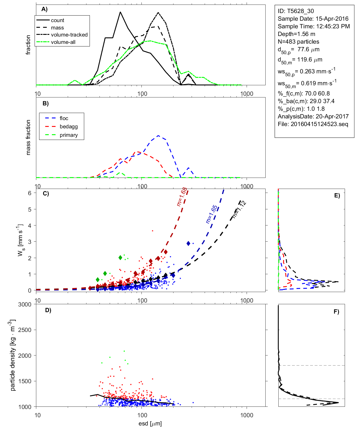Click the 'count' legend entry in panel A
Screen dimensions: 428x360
click(58, 20)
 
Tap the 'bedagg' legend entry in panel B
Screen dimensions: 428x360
click(69, 127)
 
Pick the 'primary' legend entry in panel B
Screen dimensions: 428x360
click(69, 135)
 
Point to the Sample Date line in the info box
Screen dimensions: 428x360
click(313, 19)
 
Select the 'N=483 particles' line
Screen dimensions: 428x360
click(298, 42)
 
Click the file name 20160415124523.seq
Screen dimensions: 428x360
click(319, 124)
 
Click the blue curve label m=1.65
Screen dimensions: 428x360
click(212, 214)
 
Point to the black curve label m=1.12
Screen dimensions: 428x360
click(239, 209)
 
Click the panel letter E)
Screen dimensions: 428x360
click(337, 195)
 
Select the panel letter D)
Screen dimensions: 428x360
click(48, 310)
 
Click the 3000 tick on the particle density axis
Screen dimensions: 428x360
click(25, 305)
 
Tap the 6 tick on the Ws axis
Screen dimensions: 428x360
click(29, 193)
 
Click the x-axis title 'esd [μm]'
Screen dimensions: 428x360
click(150, 423)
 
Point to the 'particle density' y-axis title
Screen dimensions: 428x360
click(13, 355)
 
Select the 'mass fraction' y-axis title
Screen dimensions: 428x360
click(28, 137)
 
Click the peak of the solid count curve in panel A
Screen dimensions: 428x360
click(120, 12)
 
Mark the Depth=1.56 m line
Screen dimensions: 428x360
click(296, 34)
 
